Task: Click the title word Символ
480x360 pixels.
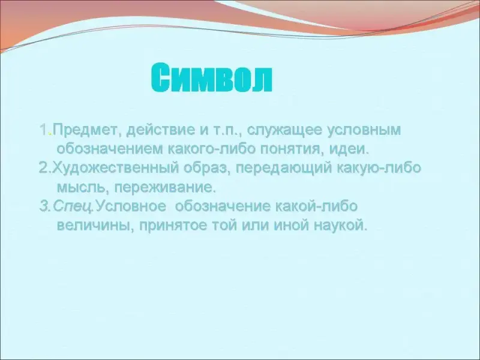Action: pos(212,77)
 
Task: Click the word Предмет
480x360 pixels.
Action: pos(85,130)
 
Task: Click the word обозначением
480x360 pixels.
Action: pos(110,149)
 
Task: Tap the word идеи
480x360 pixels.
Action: pos(349,149)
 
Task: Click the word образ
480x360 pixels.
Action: pos(207,169)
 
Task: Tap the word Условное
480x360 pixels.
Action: pos(130,206)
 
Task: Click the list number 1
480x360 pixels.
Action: pos(44,130)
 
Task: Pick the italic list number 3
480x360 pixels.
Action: pos(44,206)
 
